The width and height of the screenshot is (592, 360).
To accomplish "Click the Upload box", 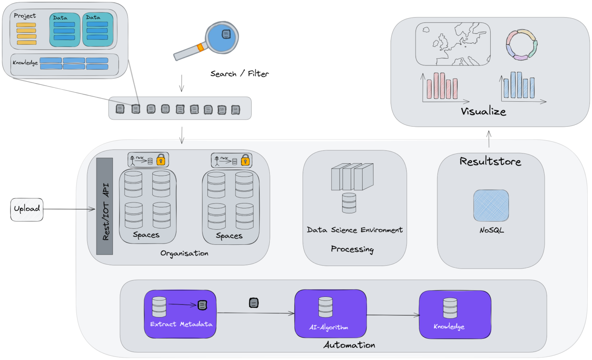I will pos(27,209).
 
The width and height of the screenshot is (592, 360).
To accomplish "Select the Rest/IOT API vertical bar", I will pos(104,206).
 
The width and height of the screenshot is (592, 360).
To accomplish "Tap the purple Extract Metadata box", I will pos(180,314).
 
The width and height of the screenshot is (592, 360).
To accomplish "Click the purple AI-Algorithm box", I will pos(330,314).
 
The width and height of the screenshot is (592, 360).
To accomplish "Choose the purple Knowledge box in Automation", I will pos(455,315).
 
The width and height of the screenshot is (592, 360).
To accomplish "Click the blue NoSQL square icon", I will pos(491,205).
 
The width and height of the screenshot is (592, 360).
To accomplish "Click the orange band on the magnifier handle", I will pos(200,47).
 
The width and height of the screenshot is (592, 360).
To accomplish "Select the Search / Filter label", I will pos(240,73).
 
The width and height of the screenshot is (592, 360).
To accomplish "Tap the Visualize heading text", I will pos(483,111).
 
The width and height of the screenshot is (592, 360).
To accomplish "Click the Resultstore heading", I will pos(490,161).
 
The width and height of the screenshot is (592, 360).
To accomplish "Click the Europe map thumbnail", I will pos(453,44).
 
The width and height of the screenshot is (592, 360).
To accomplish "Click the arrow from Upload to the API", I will pos(69,209).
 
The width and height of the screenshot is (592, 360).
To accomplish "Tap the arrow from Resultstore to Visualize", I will pos(489,139).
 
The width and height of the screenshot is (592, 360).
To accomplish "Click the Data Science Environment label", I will pos(355,230).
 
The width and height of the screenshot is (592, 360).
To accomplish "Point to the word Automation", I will pos(349,345).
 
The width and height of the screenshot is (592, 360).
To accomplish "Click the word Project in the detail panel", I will pos(25,16).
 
